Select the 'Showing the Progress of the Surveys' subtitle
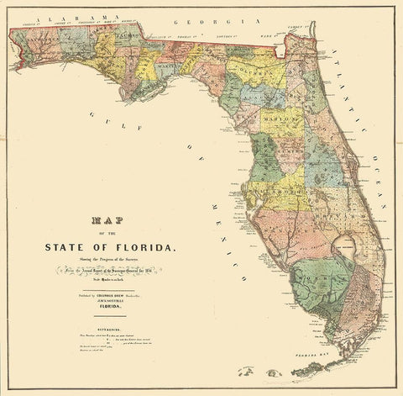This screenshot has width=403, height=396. (97, 261)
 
